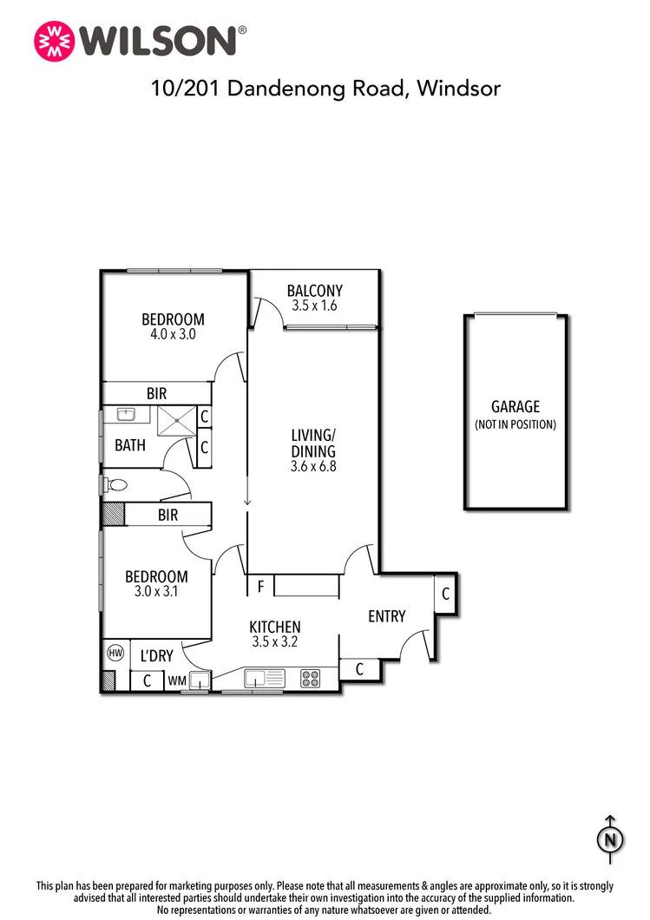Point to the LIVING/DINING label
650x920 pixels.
(x=313, y=443)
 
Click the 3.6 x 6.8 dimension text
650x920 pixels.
(x=313, y=466)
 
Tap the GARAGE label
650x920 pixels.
(x=515, y=406)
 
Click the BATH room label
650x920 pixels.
(x=130, y=446)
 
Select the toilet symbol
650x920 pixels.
(x=115, y=484)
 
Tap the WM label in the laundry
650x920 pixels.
(x=177, y=681)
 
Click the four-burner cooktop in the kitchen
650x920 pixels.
(x=310, y=679)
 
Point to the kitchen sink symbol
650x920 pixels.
(x=263, y=677)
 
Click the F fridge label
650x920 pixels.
(x=259, y=588)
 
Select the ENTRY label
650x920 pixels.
(x=386, y=616)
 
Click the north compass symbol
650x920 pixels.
(x=610, y=838)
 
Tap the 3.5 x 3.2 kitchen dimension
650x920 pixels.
(x=275, y=643)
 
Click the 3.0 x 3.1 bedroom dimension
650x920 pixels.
(x=156, y=592)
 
